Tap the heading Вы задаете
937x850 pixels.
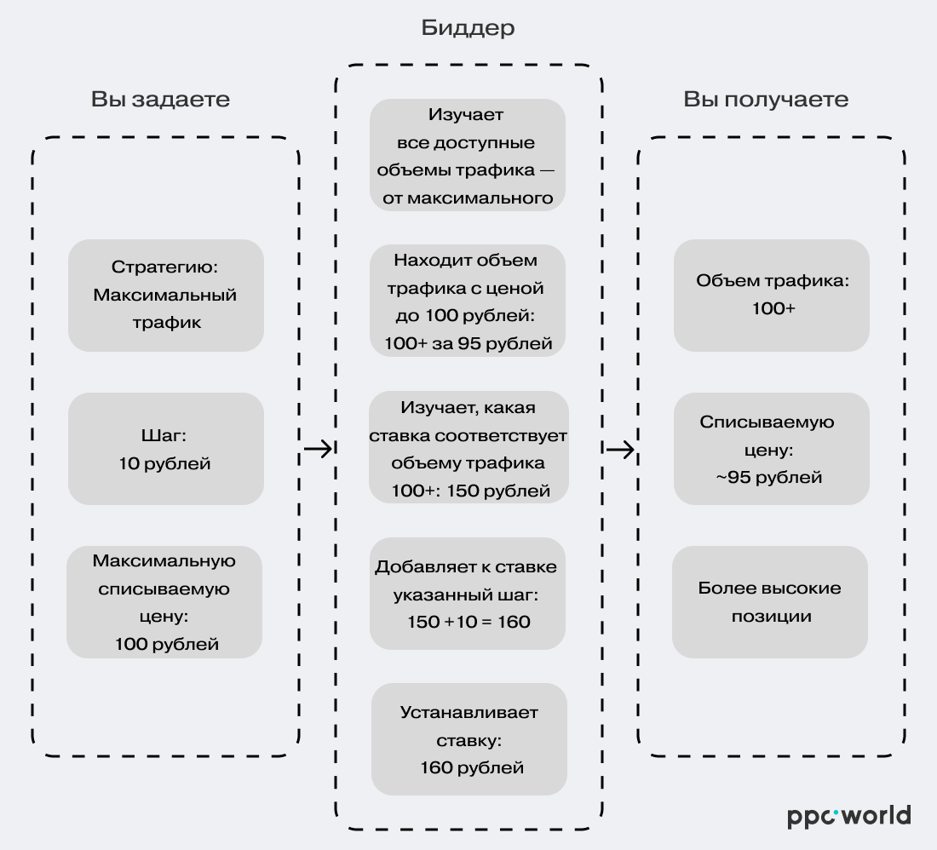[x=160, y=100]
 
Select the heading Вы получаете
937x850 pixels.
[x=765, y=100]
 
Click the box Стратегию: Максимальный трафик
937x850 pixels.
[x=166, y=295]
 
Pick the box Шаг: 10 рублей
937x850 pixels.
[x=166, y=449]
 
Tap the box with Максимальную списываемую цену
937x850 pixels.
[x=164, y=601]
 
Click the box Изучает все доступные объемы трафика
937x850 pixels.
[x=468, y=155]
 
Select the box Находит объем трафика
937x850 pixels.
[x=468, y=301]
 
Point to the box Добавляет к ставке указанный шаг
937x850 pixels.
[x=468, y=594]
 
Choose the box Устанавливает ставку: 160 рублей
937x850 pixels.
[x=469, y=739]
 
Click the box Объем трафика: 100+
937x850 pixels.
[x=772, y=295]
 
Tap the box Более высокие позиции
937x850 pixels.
[x=770, y=601]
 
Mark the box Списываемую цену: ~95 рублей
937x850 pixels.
[x=772, y=449]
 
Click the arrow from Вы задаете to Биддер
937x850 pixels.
[x=318, y=449]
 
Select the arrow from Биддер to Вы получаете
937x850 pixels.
[x=621, y=449]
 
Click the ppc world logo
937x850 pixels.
[x=848, y=815]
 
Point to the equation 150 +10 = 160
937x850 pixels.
[x=468, y=622]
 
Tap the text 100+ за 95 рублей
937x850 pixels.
[x=468, y=344]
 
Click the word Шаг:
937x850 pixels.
[x=164, y=436]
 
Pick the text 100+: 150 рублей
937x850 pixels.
[x=470, y=491]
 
